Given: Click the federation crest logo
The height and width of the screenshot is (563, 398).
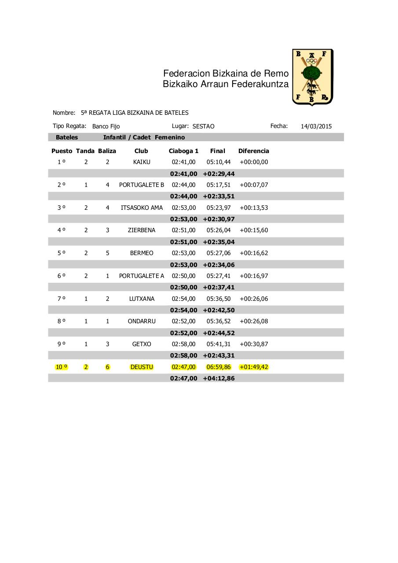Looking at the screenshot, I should coord(312,77).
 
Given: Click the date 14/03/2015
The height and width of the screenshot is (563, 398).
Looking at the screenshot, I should coord(316,126).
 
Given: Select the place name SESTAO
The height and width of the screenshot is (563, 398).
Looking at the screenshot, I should coord(203,126).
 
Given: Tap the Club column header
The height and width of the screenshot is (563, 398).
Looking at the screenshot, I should coord(141,151).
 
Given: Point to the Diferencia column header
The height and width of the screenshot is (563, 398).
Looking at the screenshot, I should coord(253,151).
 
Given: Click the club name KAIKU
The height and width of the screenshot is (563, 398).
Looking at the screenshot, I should coord(142,162).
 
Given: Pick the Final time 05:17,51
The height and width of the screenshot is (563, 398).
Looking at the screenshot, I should coord(219,185).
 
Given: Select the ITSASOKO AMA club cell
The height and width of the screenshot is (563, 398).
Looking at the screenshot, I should coord(142,208).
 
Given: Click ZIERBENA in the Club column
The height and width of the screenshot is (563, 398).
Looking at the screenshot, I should coord(142,230).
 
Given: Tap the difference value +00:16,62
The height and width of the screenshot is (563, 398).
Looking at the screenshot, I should coord(254,253).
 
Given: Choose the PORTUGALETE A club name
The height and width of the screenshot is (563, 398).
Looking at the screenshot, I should coord(142,276).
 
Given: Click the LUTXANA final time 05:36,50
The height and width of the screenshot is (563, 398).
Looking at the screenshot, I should coord(219,299).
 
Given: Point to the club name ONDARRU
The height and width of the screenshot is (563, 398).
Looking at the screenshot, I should coord(142,321).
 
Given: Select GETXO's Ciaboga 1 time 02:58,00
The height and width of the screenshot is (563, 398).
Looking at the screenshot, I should coord(183,344).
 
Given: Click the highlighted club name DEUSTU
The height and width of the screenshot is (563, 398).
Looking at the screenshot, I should coord(142,367).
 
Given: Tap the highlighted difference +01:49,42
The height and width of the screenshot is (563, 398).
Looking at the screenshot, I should coord(254,367).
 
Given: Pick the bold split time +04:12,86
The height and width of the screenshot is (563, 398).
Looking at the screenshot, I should coord(219,378).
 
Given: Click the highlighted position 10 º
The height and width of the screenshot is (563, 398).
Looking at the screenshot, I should coord(62,367).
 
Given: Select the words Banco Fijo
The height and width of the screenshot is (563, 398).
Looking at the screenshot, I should coord(106,126).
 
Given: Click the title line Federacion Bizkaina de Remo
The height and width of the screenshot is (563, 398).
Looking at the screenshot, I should coord(226,73).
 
